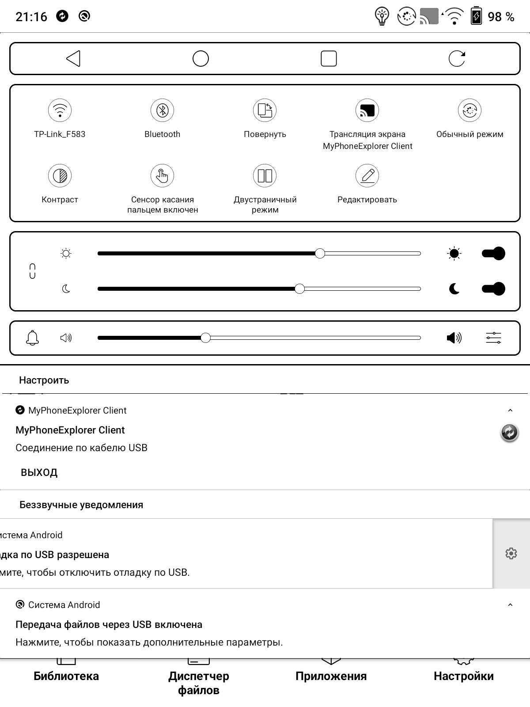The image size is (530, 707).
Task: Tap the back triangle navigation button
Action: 73,58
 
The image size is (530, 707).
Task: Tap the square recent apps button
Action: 329,58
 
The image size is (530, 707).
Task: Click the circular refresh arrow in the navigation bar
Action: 457,58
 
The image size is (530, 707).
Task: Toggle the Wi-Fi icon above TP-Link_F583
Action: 60,110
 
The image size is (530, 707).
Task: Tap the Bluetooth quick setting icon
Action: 162,110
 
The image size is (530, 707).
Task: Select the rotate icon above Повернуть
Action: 265,110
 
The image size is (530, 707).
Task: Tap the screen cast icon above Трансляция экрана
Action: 367,110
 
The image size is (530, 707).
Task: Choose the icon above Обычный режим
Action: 469,110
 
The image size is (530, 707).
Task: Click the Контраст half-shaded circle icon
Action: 60,175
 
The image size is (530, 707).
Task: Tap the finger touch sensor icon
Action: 162,175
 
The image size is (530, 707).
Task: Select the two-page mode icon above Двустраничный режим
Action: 265,175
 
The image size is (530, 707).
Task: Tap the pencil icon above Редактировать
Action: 367,175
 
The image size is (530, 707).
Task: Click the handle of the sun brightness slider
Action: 320,253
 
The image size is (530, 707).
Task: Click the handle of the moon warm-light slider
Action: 299,289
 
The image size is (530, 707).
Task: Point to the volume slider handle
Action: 205,338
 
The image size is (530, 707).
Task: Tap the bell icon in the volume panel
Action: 32,338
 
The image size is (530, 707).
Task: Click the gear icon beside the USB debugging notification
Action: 511,553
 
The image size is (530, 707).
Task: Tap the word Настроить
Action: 44,380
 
